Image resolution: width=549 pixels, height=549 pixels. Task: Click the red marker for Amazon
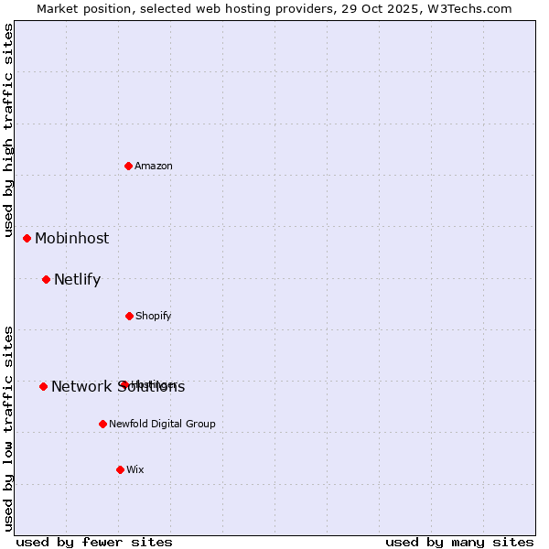pos(129,166)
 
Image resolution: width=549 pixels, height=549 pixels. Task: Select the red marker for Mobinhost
pos(27,238)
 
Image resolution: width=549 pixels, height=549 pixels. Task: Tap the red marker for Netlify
pos(47,279)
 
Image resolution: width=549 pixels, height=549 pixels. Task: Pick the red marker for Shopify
pos(129,316)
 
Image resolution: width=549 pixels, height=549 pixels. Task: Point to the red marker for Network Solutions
pos(43,386)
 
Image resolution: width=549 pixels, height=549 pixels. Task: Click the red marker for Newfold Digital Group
pos(102,424)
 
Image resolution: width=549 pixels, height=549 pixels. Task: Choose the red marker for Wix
pos(120,469)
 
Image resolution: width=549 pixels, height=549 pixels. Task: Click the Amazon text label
pos(154,166)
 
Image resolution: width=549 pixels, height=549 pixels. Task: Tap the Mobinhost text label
pos(71,238)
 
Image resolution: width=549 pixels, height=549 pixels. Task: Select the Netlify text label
pos(77,279)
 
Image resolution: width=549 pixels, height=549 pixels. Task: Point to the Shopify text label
pos(154,316)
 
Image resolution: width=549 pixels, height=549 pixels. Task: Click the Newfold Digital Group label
pos(162,424)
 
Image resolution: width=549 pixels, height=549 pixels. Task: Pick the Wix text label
pos(135,469)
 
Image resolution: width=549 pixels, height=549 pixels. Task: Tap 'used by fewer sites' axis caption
pos(93,542)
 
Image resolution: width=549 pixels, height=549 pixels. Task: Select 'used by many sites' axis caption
pos(459,542)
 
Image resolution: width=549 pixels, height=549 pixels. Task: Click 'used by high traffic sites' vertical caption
pos(8,130)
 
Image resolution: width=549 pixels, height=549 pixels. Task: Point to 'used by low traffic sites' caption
pos(8,427)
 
